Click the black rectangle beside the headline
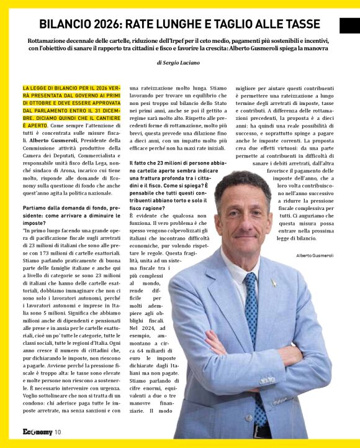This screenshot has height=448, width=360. coord(349,25)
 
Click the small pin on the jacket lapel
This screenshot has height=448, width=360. coord(273,283)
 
